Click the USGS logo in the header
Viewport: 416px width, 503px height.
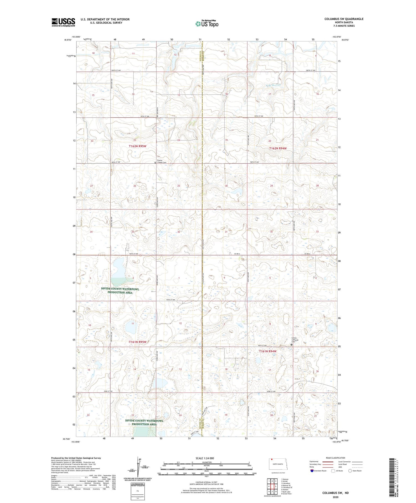point(63,22)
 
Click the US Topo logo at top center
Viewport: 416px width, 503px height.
point(207,24)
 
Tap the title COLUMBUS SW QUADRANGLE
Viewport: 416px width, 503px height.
point(344,19)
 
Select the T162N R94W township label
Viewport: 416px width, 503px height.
point(278,148)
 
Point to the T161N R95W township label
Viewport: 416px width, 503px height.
point(137,342)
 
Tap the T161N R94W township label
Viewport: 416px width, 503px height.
point(268,351)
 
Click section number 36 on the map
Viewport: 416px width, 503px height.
point(179,232)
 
